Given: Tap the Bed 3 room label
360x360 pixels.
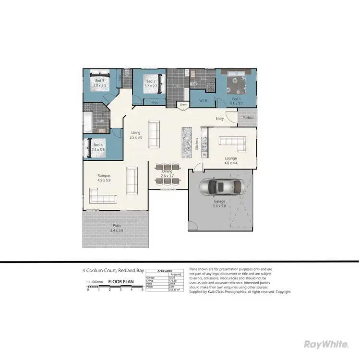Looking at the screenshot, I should tap(99, 81).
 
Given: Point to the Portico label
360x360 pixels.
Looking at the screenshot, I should tap(248, 118).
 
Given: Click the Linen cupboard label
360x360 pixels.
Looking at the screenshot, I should tap(183, 104).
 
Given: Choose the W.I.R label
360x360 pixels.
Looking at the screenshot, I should tap(203, 101).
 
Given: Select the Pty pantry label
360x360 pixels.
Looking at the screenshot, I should tap(204, 155).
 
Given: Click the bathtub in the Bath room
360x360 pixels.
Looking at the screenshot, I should tap(88, 123).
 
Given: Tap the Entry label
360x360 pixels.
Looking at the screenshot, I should tap(220, 119).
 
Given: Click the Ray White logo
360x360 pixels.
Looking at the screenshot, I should tap(326, 344).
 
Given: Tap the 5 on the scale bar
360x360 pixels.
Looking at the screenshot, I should tap(142, 290).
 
